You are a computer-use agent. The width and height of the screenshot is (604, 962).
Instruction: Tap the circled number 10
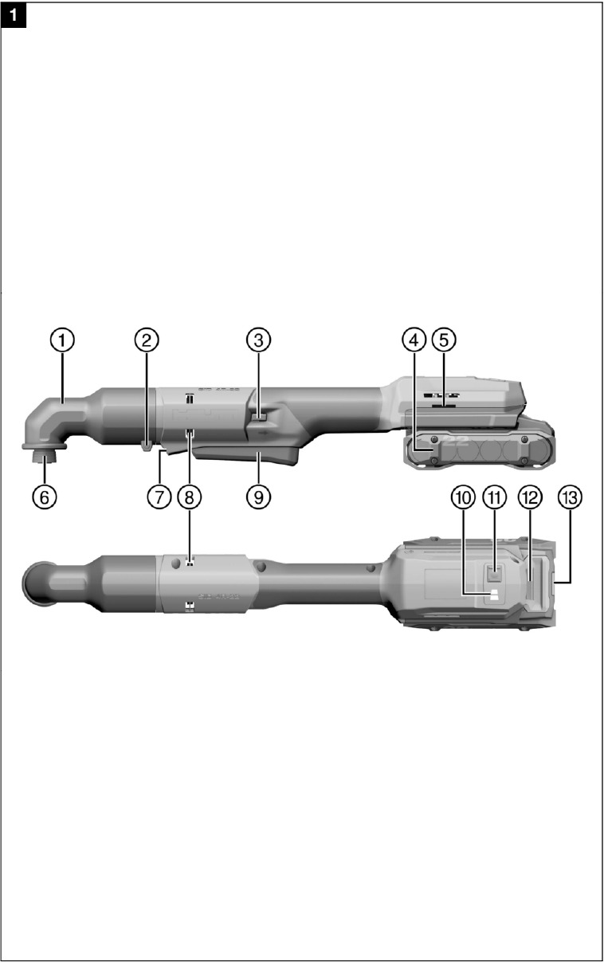coord(462,496)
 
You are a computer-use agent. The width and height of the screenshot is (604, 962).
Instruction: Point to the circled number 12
coord(529,496)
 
